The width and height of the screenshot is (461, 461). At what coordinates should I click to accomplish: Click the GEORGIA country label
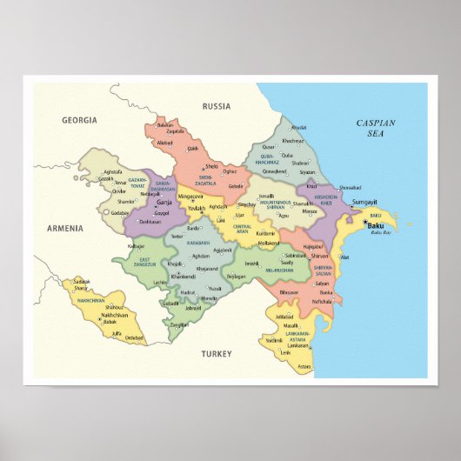click(79, 119)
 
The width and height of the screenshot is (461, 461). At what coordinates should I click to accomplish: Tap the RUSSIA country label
click(217, 106)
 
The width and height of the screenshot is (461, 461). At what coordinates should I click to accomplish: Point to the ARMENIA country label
click(65, 228)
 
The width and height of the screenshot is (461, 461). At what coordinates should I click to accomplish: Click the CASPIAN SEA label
click(375, 129)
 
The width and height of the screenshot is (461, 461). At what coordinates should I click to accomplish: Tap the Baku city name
click(377, 225)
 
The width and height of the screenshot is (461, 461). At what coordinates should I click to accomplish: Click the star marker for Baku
click(364, 224)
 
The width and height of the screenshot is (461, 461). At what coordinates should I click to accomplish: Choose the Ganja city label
click(164, 202)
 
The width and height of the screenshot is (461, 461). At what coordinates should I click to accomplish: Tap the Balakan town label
click(166, 125)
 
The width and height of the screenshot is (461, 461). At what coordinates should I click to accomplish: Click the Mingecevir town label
click(190, 197)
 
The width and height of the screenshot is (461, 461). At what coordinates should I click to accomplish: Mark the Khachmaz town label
click(293, 140)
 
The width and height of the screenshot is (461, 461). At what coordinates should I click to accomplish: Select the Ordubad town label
click(134, 337)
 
